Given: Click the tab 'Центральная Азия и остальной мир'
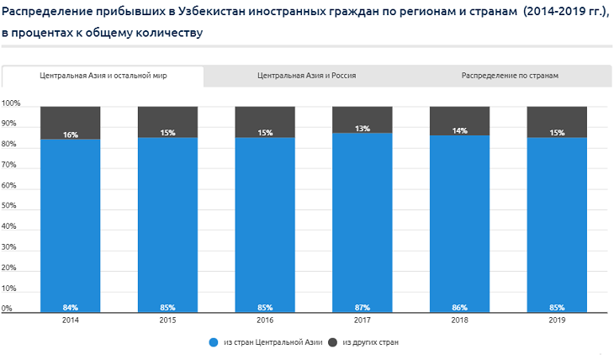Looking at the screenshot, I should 103,76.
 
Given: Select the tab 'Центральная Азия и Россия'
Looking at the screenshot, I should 306,76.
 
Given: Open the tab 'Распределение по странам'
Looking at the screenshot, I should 510,76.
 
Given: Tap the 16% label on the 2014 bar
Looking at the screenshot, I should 71,135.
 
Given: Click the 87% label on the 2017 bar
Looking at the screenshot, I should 363,307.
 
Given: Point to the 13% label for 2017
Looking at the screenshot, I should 363,129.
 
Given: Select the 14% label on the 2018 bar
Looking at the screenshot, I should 459,131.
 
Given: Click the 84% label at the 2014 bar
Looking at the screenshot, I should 71,307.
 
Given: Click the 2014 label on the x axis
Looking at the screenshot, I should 71,320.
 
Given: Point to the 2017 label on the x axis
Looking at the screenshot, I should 363,320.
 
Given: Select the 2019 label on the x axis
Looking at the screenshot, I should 556,320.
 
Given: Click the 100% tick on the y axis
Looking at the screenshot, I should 11,104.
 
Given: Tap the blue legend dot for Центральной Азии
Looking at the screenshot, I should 214,342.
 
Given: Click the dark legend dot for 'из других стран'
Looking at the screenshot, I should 332,342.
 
